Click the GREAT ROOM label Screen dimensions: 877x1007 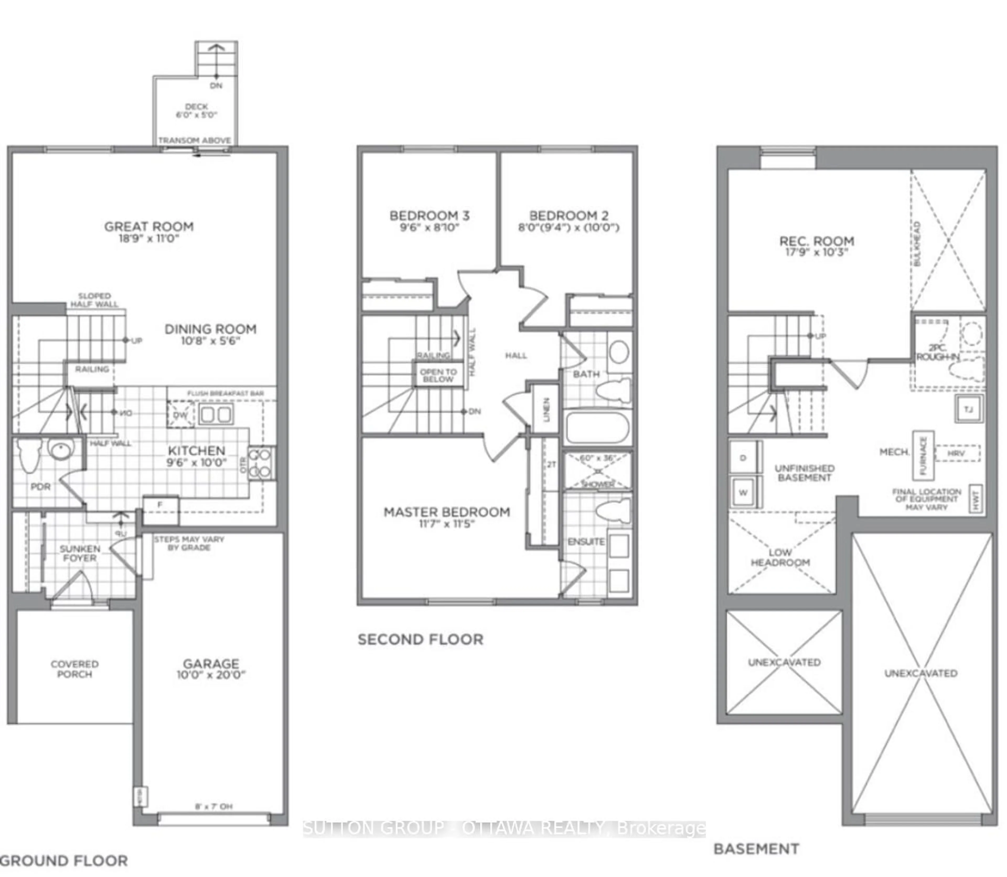pyautogui.click(x=149, y=227)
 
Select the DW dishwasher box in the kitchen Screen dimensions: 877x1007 pyautogui.click(x=180, y=415)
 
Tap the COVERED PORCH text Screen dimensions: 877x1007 pyautogui.click(x=74, y=669)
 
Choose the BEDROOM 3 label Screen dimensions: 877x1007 pyautogui.click(x=429, y=215)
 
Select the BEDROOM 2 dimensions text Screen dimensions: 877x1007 pyautogui.click(x=569, y=228)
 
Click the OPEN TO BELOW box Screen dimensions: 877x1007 pyautogui.click(x=438, y=375)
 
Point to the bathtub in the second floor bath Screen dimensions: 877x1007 pyautogui.click(x=597, y=427)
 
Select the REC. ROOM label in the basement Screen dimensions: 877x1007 pyautogui.click(x=817, y=241)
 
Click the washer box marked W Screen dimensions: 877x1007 pyautogui.click(x=743, y=492)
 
